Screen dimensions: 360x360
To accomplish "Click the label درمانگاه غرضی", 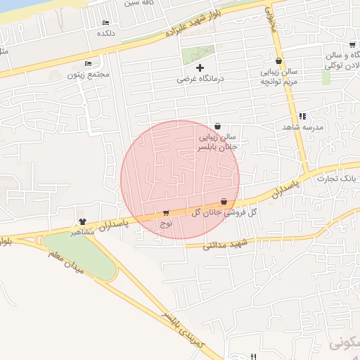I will [x=200, y=79].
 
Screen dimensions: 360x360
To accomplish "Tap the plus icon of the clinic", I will [x=200, y=68].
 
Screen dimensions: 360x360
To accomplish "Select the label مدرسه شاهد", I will [x=302, y=127].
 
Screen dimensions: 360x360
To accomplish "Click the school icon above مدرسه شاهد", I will [x=302, y=116].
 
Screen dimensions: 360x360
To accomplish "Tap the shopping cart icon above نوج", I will [x=166, y=213].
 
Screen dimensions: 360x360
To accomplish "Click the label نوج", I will [x=166, y=224].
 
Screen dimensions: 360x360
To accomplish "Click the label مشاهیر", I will [x=83, y=231].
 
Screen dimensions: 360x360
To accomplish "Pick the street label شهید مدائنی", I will [x=226, y=245].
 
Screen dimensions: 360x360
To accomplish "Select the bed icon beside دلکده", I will [x=106, y=23].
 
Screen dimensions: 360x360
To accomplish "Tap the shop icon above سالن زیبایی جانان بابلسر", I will [x=217, y=126].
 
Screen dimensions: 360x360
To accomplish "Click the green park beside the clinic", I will [x=198, y=54].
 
